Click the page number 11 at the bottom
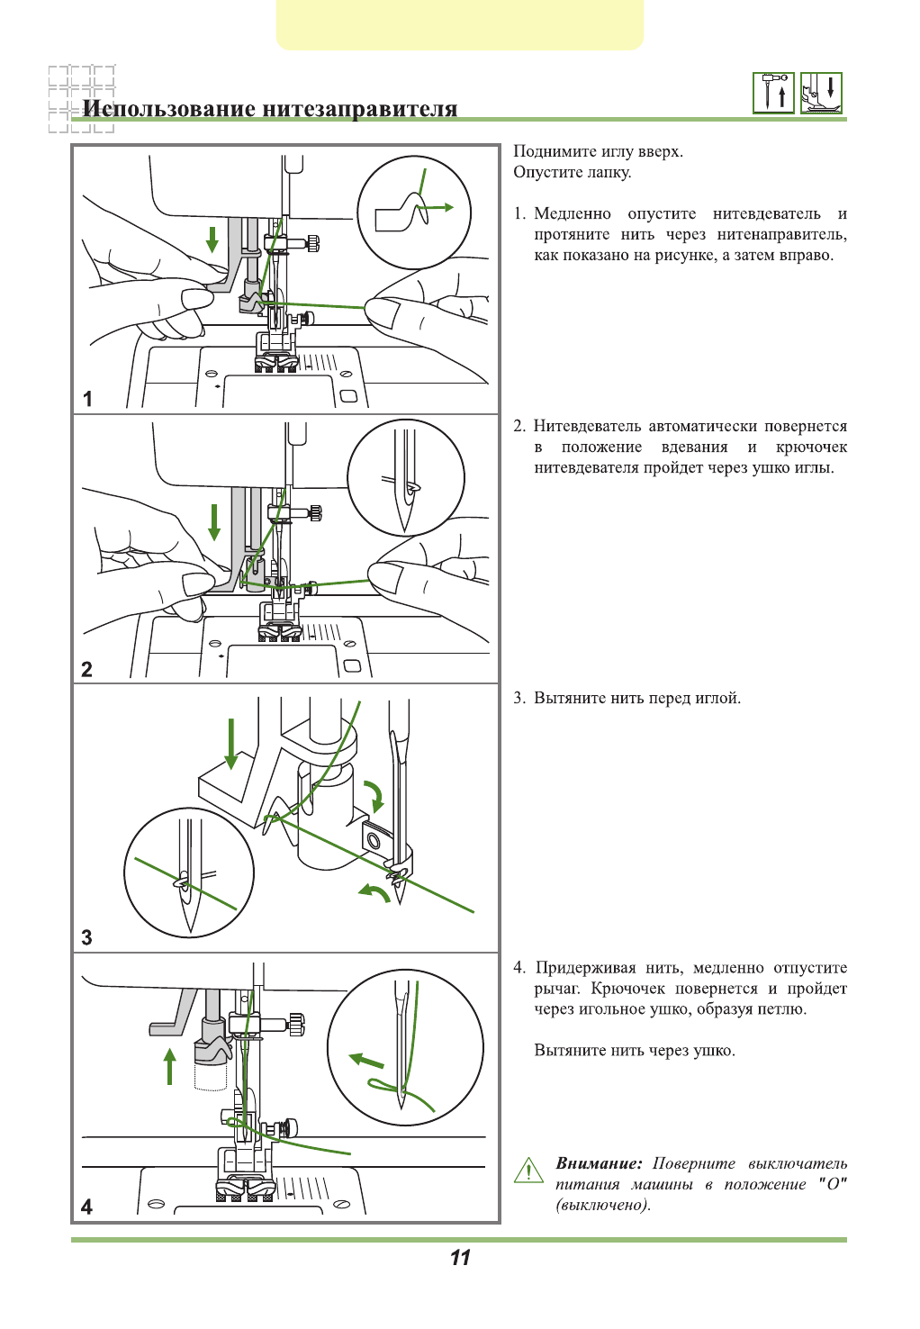(x=460, y=1258)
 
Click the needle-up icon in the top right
(x=773, y=93)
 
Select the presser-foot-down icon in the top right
(x=821, y=93)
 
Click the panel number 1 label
(x=87, y=398)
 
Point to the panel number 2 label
(x=86, y=669)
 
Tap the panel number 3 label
(x=86, y=937)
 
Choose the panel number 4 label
(x=86, y=1207)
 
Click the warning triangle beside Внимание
(x=528, y=1171)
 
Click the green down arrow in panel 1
(x=212, y=240)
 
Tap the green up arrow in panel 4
(x=169, y=1065)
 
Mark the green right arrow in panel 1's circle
(x=439, y=207)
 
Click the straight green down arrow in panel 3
(x=231, y=744)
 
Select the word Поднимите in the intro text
(x=551, y=151)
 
